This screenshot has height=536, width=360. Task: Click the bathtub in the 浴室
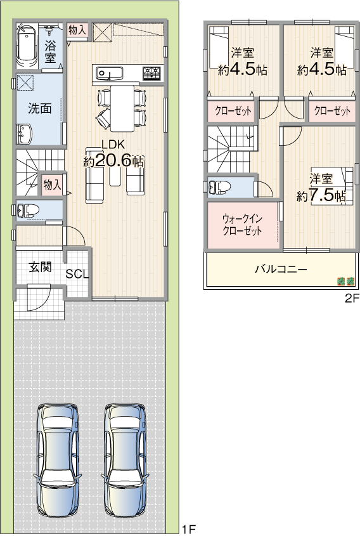(x=27, y=46)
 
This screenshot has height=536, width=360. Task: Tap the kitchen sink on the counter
(x=109, y=74)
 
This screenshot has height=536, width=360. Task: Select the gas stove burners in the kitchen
(x=151, y=73)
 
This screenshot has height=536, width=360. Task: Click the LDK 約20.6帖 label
(x=113, y=154)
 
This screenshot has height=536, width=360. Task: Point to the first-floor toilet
(x=27, y=210)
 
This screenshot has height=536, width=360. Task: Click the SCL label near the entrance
(x=77, y=274)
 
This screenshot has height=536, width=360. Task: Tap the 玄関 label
(x=41, y=267)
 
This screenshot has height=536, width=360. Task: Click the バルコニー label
(x=281, y=269)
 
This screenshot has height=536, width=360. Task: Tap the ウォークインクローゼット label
(x=242, y=225)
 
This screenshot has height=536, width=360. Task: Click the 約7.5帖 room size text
(x=321, y=196)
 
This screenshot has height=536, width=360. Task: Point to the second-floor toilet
(x=220, y=186)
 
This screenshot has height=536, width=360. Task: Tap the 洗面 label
(x=40, y=108)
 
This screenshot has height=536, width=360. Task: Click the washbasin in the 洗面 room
(x=24, y=134)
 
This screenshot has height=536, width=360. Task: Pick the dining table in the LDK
(x=122, y=108)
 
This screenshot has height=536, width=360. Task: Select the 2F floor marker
(x=352, y=298)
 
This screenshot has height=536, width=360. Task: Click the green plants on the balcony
(x=346, y=282)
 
